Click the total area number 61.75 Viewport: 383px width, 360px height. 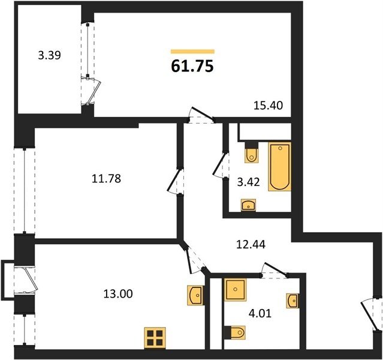[x=192, y=66]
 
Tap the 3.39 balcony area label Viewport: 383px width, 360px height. [x=50, y=56]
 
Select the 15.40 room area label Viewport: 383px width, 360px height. [x=268, y=106]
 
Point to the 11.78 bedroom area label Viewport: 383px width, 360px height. [x=106, y=179]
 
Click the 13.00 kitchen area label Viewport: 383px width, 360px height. [x=118, y=293]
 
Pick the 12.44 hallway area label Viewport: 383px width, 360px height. [x=251, y=244]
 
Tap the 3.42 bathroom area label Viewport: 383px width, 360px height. [x=248, y=182]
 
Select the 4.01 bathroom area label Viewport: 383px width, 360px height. [x=260, y=313]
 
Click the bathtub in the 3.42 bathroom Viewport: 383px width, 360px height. [x=280, y=166]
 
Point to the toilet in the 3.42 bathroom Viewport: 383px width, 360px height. [x=251, y=152]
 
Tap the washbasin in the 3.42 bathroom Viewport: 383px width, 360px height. [x=248, y=205]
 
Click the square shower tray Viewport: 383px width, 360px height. [x=235, y=290]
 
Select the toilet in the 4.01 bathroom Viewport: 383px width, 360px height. [x=235, y=332]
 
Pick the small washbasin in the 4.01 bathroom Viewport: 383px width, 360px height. [x=293, y=301]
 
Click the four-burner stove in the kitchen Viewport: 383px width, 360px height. [x=155, y=338]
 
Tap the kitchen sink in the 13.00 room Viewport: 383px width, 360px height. [x=195, y=295]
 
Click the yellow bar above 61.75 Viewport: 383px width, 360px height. [x=192, y=52]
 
